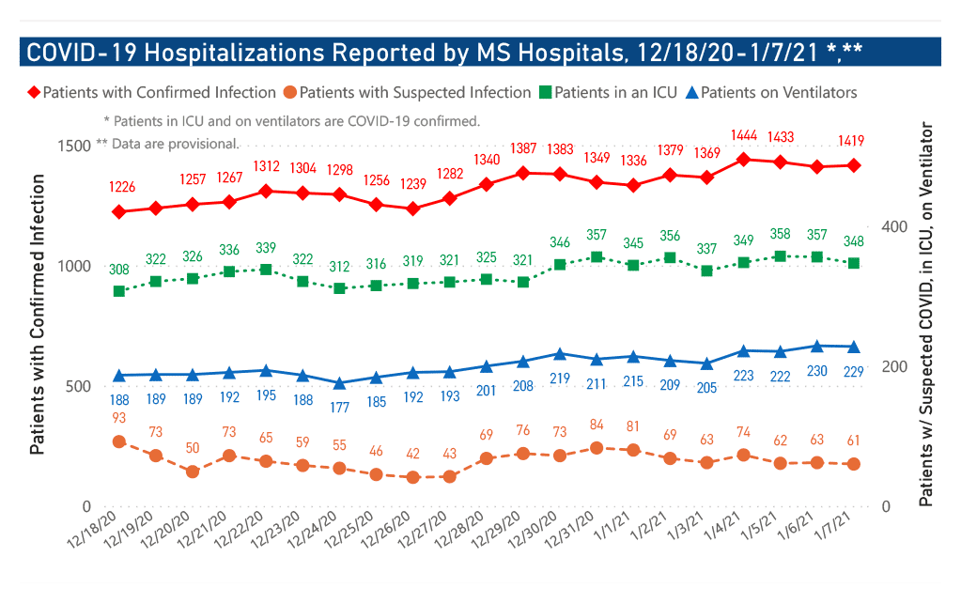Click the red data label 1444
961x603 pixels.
click(743, 137)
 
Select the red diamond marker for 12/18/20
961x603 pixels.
click(119, 212)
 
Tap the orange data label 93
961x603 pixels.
click(119, 418)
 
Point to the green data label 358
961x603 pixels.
click(780, 233)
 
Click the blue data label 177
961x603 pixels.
click(339, 407)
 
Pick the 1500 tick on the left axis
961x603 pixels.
click(72, 146)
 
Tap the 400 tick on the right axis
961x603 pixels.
click(894, 227)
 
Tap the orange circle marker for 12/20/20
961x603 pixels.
click(193, 472)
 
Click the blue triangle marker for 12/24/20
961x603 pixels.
click(339, 384)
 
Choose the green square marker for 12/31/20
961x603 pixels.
click(597, 257)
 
